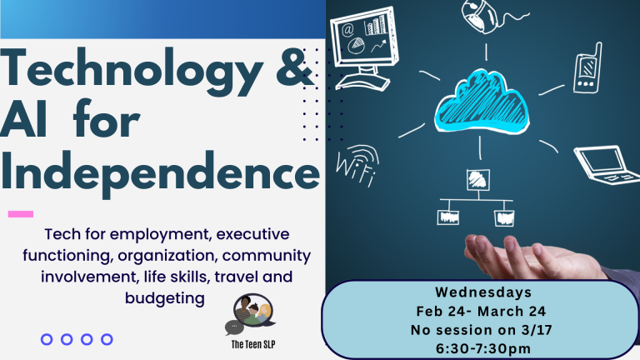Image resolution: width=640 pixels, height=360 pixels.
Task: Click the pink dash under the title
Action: point(21,214)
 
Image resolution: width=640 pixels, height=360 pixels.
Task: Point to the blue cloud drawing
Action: point(482,102)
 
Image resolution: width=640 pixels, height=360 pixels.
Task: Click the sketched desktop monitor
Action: point(363,48)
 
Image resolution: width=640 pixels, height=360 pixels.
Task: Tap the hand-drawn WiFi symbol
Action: point(357,165)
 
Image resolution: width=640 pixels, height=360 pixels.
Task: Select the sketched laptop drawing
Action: point(607,164)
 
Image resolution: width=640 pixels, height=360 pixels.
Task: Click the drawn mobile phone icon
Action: point(587,68)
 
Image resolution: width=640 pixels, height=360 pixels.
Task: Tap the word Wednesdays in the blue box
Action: point(483,292)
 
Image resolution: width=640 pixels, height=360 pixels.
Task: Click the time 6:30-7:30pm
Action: point(483,348)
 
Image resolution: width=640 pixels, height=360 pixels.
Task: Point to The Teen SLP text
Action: point(253,344)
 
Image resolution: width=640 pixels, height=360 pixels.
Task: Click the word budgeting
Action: point(165,298)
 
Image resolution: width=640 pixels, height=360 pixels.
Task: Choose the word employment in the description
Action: point(159,235)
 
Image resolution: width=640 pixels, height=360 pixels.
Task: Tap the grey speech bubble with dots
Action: point(234,327)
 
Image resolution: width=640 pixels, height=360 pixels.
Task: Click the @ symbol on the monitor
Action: point(347,29)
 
